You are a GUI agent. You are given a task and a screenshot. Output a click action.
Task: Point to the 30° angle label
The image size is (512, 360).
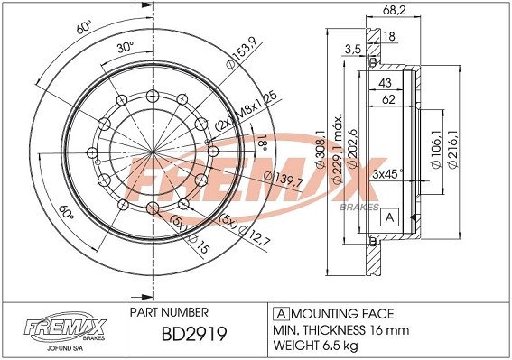pos(124,47)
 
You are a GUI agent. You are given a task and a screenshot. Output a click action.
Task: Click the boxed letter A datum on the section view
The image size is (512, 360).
pos(390,218)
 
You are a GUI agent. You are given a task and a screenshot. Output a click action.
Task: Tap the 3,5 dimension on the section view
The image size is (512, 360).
pos(353,49)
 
